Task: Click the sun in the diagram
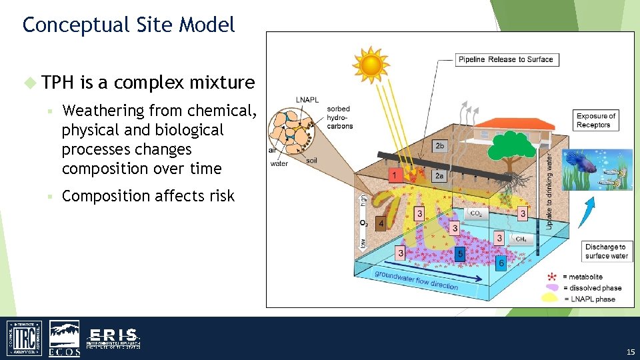(371, 64)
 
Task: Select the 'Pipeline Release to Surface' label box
(506, 59)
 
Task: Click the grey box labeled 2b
(439, 146)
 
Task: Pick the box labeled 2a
(439, 175)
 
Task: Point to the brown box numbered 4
(381, 223)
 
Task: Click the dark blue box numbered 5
(460, 254)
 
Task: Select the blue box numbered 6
(501, 263)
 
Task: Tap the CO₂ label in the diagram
(476, 213)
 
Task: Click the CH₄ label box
(521, 238)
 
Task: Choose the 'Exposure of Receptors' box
(596, 120)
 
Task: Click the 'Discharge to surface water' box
(606, 251)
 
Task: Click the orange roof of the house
(497, 124)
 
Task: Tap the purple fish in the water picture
(575, 160)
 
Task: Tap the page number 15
(630, 351)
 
